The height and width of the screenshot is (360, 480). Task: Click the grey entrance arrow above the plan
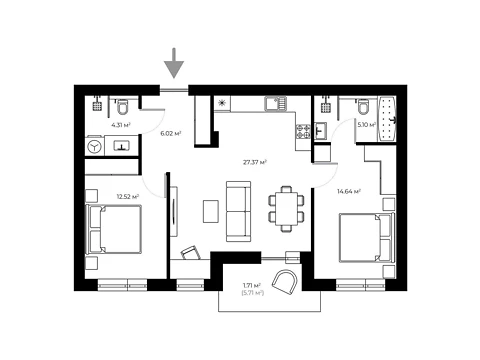click(x=174, y=63)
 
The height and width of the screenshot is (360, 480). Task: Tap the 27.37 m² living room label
click(x=255, y=163)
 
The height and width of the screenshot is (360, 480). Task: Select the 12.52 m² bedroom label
click(x=128, y=197)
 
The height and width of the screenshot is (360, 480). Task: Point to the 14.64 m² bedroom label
click(x=349, y=192)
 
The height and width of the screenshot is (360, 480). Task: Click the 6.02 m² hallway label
click(x=171, y=134)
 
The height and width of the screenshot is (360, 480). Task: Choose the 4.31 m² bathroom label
click(x=121, y=125)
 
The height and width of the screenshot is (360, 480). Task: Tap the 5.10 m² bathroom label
click(x=367, y=125)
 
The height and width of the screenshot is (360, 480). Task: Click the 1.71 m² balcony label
click(x=252, y=286)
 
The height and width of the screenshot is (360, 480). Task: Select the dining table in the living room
click(x=286, y=209)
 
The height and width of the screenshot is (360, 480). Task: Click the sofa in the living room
click(x=238, y=211)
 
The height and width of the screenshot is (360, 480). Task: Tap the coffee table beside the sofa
click(x=211, y=211)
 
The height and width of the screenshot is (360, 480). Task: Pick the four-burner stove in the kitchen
click(x=303, y=131)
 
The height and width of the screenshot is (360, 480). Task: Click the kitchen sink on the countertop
click(x=275, y=104)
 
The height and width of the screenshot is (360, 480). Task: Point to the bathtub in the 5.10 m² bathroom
click(x=387, y=119)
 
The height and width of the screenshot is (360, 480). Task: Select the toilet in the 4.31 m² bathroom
click(x=122, y=106)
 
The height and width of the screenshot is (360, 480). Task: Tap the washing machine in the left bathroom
click(x=95, y=146)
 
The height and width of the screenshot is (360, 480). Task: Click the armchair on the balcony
click(x=284, y=282)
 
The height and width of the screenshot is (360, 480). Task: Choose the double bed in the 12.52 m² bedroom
click(x=114, y=230)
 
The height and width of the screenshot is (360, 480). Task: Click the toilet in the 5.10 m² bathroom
click(x=363, y=106)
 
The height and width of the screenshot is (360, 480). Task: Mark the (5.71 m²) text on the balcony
click(x=252, y=293)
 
